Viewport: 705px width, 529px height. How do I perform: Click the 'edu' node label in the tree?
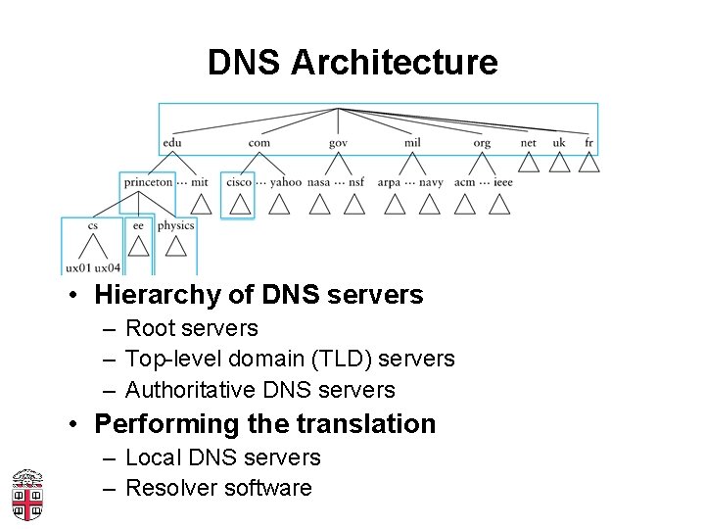coord(172,143)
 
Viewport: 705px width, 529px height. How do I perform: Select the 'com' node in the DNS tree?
coord(258,143)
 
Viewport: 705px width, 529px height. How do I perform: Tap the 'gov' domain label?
coord(338,143)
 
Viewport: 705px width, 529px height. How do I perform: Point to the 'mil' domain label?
coord(412,143)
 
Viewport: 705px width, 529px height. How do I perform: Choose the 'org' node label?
coord(482,143)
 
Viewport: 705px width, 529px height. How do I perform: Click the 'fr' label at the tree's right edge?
coord(588,143)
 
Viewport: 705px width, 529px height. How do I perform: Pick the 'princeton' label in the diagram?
coord(148,181)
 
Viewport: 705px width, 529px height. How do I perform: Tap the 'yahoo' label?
coord(286,181)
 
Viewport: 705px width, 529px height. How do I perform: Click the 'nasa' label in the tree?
coord(318,181)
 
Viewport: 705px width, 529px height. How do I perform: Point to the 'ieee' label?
coord(503,181)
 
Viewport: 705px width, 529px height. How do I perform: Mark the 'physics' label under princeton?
coord(176,225)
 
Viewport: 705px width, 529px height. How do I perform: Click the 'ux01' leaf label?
coord(78,267)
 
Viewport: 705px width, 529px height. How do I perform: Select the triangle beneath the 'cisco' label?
coord(240,204)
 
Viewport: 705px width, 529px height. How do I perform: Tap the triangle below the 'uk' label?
coord(559,162)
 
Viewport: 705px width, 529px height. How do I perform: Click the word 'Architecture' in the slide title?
coord(395,63)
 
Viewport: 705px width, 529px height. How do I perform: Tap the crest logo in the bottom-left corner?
coord(27,495)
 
